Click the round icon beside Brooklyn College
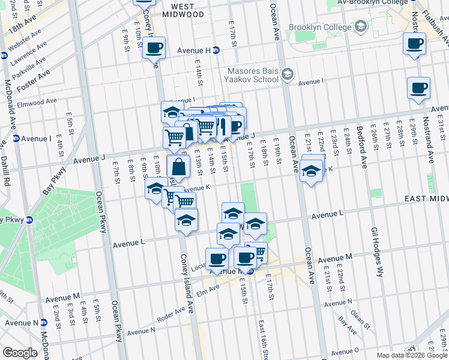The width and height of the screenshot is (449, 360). pyautogui.click(x=360, y=27)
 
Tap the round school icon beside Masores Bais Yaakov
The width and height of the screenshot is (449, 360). pyautogui.click(x=287, y=74)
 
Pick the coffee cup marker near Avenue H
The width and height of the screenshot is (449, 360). pyautogui.click(x=154, y=47)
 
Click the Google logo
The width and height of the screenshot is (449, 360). pyautogui.click(x=20, y=353)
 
